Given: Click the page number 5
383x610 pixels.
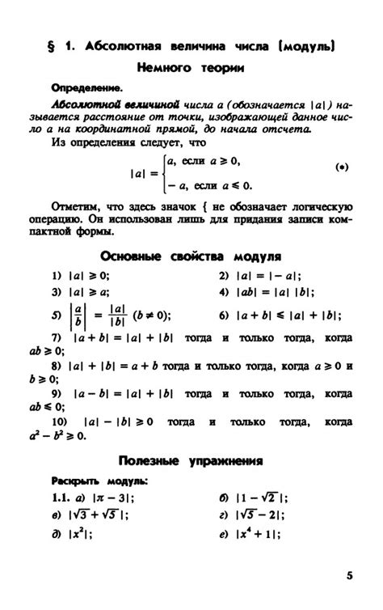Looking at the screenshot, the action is [349, 575].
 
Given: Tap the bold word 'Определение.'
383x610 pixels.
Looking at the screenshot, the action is [86, 87].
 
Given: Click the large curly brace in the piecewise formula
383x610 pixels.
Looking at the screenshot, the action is [164, 172].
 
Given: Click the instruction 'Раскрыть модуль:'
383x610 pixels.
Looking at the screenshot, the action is [99, 480].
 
